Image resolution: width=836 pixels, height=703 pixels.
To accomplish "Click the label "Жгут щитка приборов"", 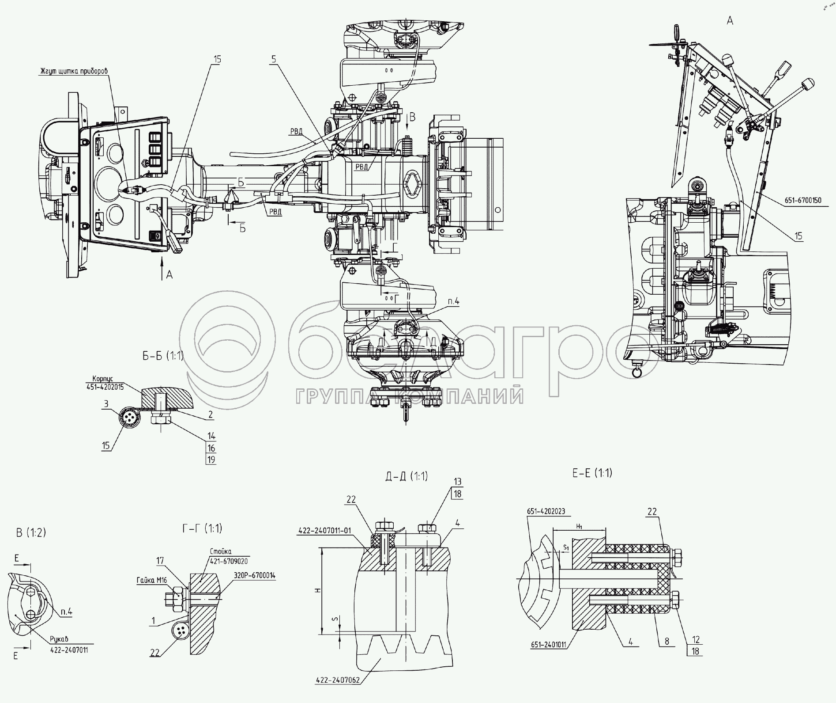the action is coord(74,71).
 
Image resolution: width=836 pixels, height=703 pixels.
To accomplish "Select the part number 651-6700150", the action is coord(803,200).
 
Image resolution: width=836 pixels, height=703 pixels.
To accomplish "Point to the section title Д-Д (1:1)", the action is coord(406,476).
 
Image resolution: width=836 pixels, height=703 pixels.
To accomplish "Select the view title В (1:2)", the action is coord(31,532).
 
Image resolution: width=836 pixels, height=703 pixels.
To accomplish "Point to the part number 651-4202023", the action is coord(546,511).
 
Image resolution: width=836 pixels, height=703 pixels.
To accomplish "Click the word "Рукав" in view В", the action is coord(59,639).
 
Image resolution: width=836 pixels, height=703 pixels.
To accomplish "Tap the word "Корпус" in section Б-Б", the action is coord(104,379).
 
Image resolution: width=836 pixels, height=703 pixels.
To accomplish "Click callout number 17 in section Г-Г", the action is coord(160,561).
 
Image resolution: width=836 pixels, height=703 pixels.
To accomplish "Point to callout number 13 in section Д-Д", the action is coord(457,481).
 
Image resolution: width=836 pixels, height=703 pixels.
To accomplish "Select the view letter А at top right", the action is coord(730,20).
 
